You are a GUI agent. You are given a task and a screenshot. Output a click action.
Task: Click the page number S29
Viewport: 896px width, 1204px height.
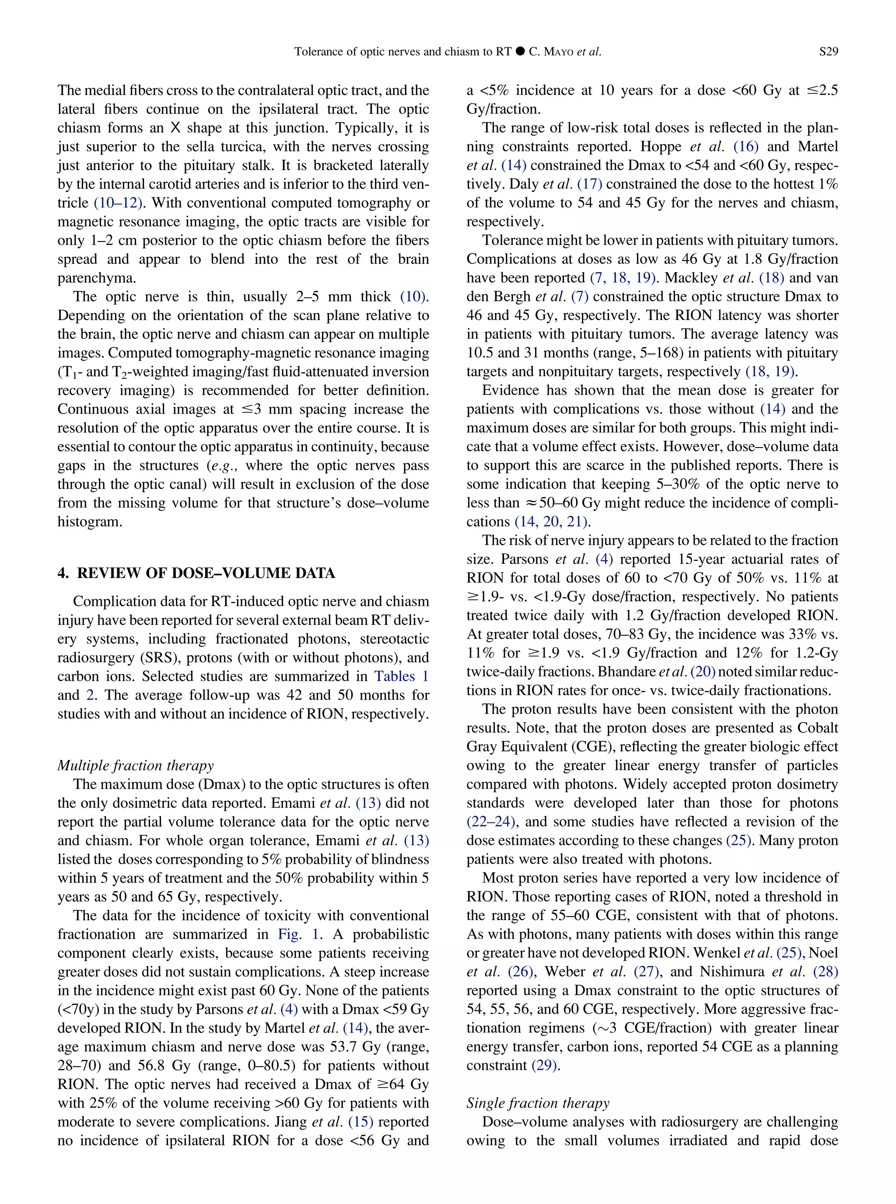828,52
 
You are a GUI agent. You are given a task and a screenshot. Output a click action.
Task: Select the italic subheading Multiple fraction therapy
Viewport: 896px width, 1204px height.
136,765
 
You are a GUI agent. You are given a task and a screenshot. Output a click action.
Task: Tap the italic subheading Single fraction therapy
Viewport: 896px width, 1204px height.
538,1102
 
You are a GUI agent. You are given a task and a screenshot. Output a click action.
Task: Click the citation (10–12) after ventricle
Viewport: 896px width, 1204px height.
118,203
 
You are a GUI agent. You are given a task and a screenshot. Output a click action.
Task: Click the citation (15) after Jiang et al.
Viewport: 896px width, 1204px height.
360,1122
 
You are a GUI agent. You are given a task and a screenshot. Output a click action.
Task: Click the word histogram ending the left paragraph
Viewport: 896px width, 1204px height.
90,522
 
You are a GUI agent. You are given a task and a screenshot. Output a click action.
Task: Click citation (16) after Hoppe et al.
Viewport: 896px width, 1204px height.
746,147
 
